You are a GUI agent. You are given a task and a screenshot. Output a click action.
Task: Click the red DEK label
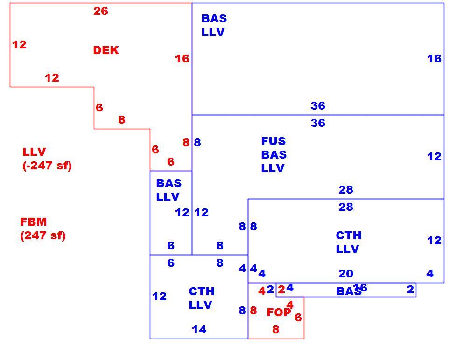click(105, 50)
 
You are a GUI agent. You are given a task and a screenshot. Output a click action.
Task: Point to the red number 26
click(101, 11)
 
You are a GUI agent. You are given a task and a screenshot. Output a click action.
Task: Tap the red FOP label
click(279, 312)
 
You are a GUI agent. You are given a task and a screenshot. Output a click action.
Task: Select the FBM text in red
click(33, 222)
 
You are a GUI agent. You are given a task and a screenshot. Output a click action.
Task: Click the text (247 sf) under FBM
click(43, 235)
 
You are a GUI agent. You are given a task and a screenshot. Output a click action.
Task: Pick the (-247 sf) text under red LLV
click(47, 166)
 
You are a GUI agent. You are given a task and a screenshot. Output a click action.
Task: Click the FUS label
click(274, 141)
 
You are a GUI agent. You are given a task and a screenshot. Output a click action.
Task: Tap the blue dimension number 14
click(199, 329)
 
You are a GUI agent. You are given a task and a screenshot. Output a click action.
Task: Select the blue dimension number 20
click(346, 274)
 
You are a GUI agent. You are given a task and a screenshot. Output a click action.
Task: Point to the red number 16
click(182, 59)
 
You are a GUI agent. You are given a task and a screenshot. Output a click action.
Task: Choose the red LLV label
click(34, 152)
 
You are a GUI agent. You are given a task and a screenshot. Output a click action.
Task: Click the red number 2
click(281, 290)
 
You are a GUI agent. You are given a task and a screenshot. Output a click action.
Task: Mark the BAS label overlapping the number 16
click(349, 291)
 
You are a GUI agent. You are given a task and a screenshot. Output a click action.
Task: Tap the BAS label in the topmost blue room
click(214, 19)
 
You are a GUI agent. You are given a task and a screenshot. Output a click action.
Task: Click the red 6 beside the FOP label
click(298, 317)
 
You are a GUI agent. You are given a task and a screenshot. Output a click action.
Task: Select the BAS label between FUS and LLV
click(274, 155)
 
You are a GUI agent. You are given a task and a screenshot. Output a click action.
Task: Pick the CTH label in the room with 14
click(201, 291)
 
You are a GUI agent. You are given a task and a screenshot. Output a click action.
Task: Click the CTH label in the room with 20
click(349, 235)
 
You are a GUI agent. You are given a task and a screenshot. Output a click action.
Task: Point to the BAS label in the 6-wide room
click(168, 183)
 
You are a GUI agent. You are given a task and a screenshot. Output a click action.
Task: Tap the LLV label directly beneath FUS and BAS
click(273, 168)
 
